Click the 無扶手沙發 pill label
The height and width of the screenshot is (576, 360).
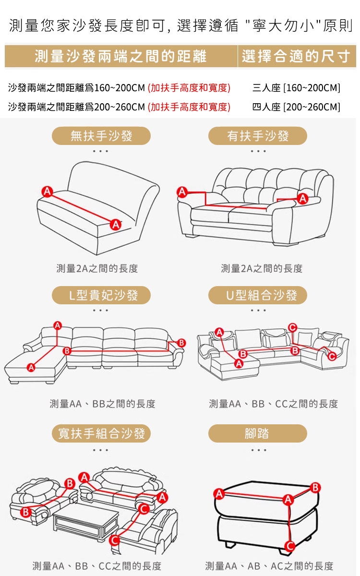(101, 136)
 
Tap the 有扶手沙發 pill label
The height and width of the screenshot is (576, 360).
(258, 136)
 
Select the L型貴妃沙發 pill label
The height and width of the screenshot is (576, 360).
(101, 295)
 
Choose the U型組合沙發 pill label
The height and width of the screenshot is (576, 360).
(258, 295)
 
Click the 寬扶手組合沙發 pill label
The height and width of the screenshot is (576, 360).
(101, 433)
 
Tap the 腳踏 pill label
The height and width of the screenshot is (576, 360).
(258, 433)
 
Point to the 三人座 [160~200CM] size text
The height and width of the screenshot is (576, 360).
(296, 88)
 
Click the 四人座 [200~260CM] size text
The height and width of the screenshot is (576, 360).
(296, 107)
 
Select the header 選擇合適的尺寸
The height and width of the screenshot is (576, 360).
(296, 56)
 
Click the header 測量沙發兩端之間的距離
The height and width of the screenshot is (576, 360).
(120, 56)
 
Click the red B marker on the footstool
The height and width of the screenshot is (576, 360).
(315, 487)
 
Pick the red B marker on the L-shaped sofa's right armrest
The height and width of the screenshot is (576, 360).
(181, 343)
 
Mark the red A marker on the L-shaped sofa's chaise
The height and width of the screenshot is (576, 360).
(31, 367)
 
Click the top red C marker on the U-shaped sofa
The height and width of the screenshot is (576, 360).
(293, 327)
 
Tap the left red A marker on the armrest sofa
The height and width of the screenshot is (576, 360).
(182, 192)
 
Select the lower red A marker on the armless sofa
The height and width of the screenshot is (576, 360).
(116, 225)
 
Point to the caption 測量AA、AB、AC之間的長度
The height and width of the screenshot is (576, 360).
(269, 566)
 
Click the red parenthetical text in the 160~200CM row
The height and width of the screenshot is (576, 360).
(189, 88)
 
